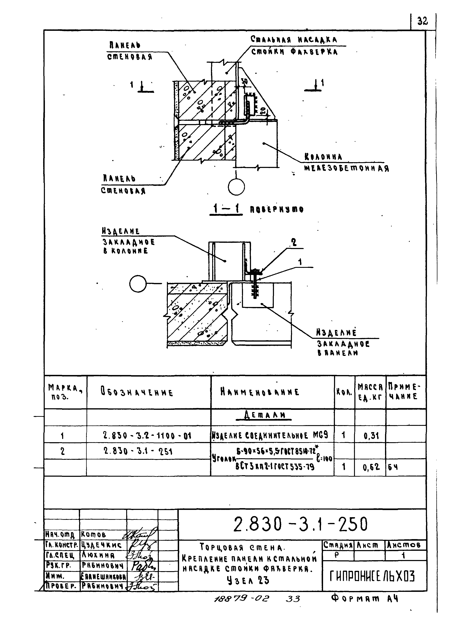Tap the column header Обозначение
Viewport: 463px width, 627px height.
137,392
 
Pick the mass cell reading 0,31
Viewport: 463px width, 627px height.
371,436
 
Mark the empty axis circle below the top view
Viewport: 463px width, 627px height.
236,187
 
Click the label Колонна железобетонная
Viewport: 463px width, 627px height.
346,163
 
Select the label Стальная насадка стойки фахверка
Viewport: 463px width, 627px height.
294,46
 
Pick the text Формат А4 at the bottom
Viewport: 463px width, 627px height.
364,599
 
